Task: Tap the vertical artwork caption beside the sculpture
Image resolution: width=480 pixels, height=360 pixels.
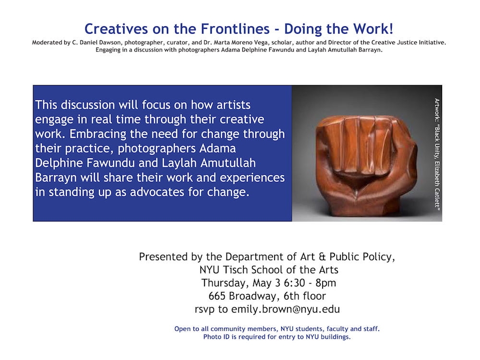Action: pyautogui.click(x=437, y=154)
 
